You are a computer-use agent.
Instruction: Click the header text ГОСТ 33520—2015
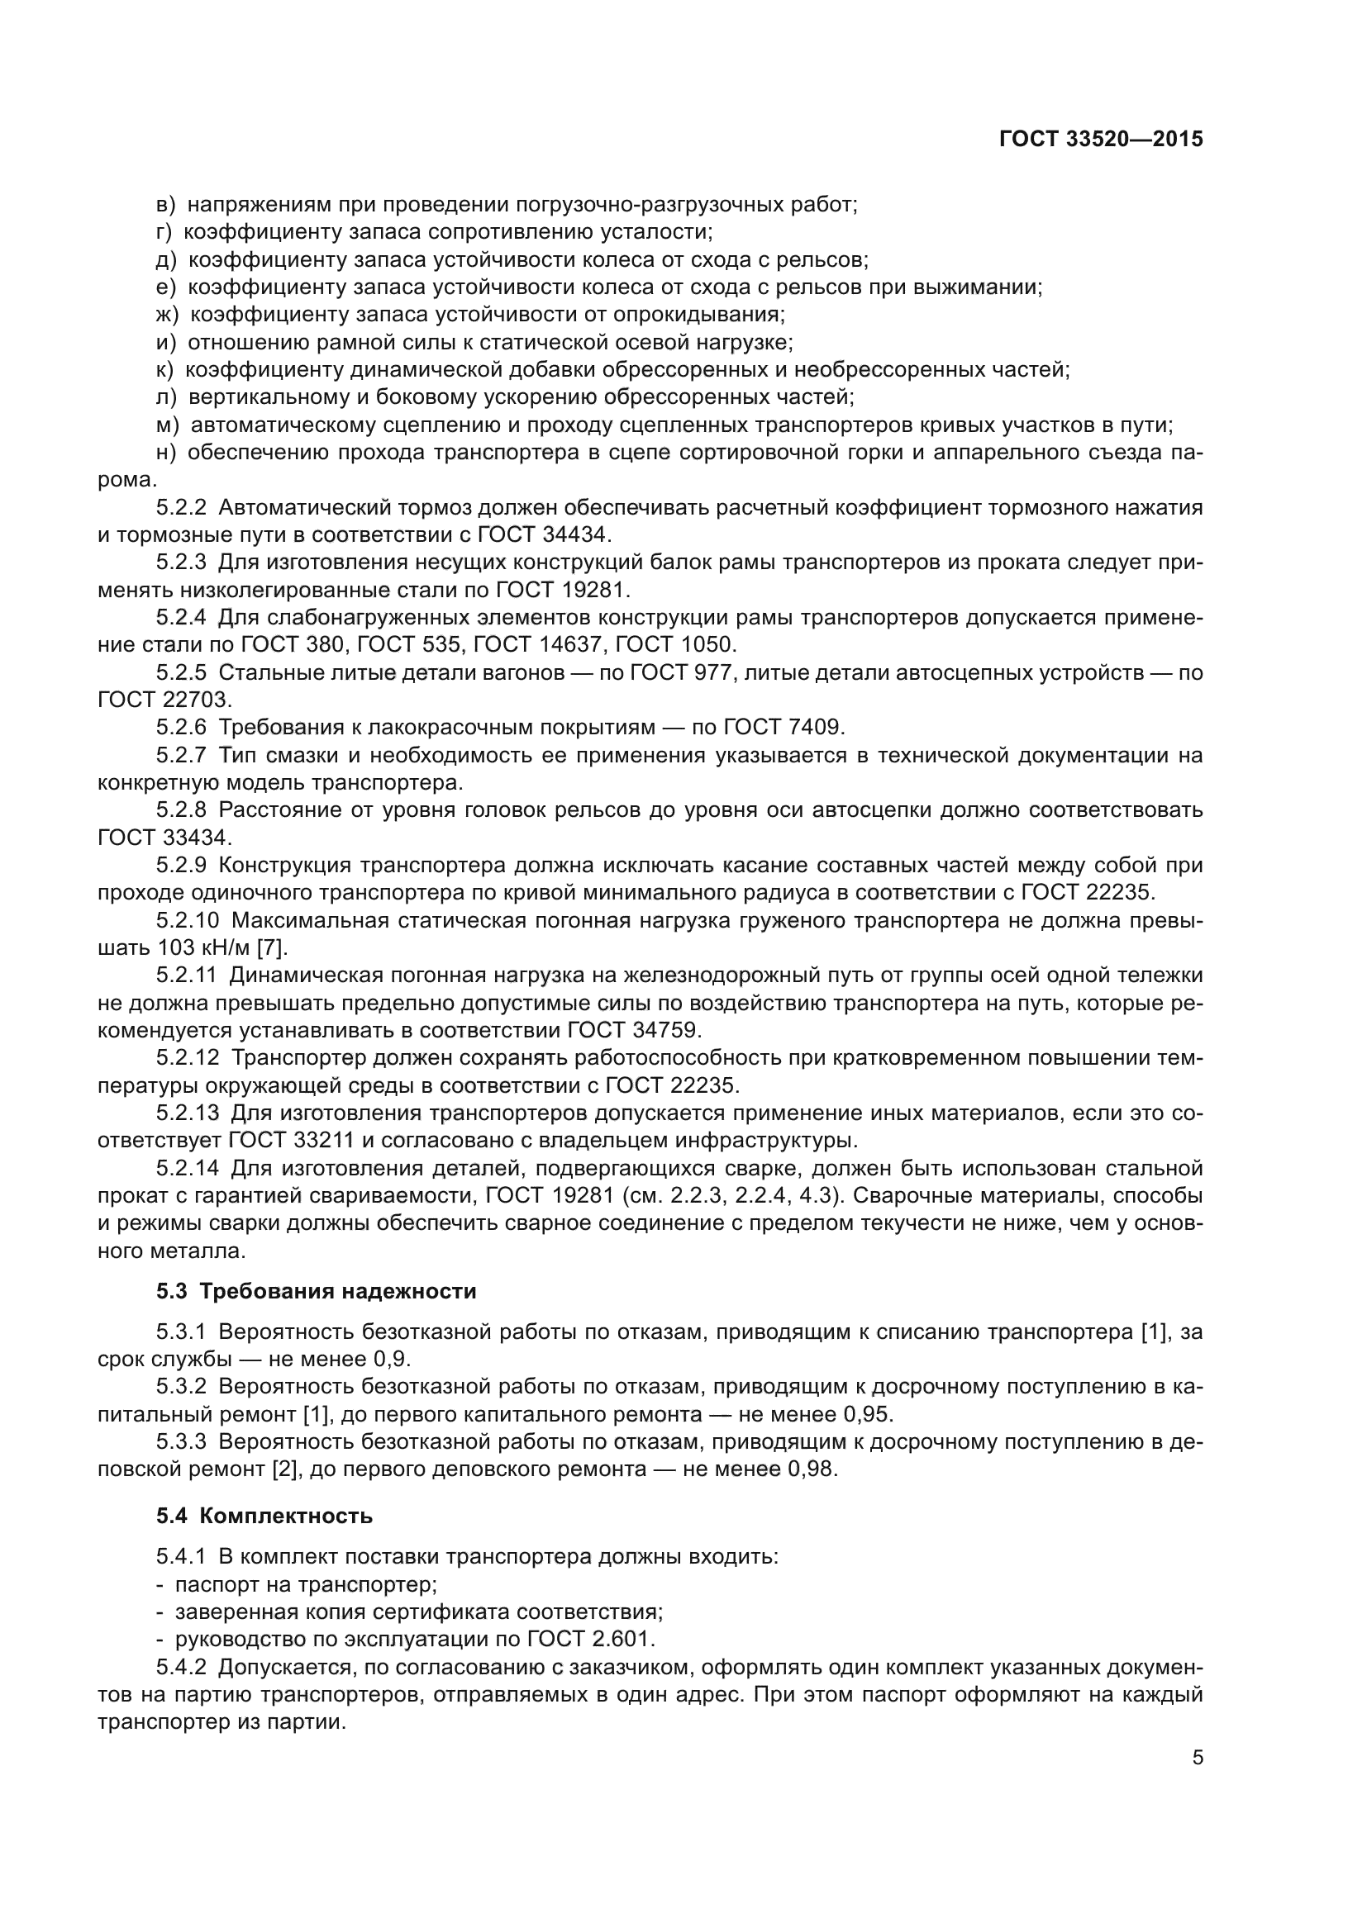pos(1100,140)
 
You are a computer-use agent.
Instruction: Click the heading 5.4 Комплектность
pos(264,1517)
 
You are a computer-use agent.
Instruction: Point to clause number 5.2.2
pos(181,507)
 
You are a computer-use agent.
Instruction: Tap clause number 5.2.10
pos(187,920)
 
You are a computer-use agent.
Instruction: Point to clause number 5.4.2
pos(181,1667)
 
